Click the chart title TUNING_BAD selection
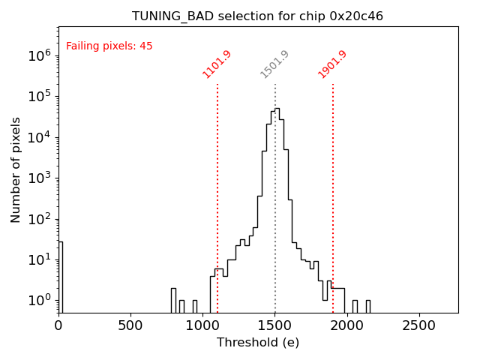click(257, 16)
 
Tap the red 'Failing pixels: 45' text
click(109, 46)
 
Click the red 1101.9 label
click(217, 64)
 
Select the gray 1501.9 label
click(274, 64)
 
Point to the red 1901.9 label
click(332, 64)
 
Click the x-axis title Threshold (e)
click(258, 343)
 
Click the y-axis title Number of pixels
click(16, 169)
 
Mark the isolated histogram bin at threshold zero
click(61, 277)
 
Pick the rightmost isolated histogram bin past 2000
click(368, 307)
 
